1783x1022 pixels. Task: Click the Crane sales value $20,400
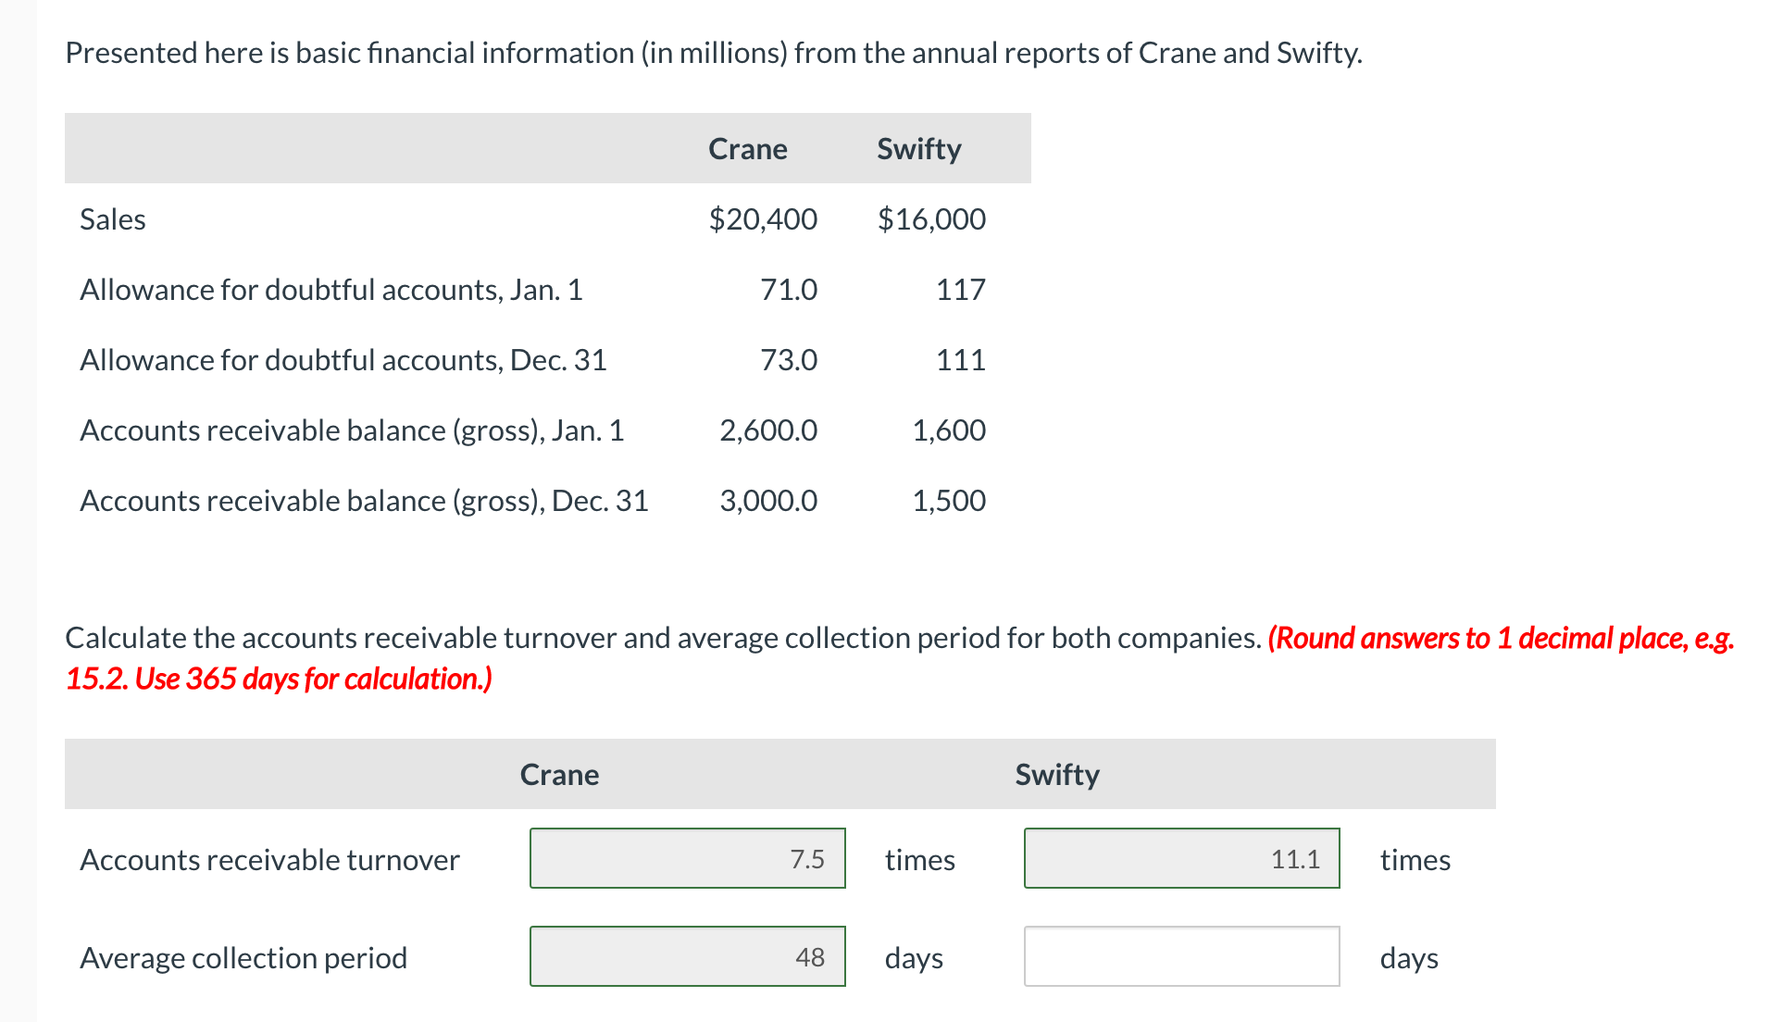point(763,219)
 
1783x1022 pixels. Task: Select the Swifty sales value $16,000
point(931,219)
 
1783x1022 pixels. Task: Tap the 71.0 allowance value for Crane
point(789,290)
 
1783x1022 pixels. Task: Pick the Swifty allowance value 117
point(960,290)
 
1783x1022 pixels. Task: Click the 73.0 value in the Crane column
point(789,360)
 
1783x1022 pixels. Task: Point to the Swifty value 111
point(960,360)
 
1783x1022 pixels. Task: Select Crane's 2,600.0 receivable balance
point(768,430)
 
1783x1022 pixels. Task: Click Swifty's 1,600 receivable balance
point(949,430)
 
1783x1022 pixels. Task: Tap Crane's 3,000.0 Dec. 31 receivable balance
point(768,501)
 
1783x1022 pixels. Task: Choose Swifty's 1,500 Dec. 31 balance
point(949,501)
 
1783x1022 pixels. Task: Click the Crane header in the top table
point(747,149)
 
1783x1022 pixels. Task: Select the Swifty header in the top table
point(918,149)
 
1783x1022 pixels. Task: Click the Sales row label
point(113,219)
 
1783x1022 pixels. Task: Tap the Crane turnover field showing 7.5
point(687,858)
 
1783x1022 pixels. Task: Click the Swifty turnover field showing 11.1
point(1181,858)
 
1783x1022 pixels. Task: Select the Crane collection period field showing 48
point(687,956)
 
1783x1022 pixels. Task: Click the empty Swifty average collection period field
point(1181,956)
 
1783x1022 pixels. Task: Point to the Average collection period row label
point(243,958)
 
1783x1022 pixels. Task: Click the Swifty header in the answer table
point(1056,775)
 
